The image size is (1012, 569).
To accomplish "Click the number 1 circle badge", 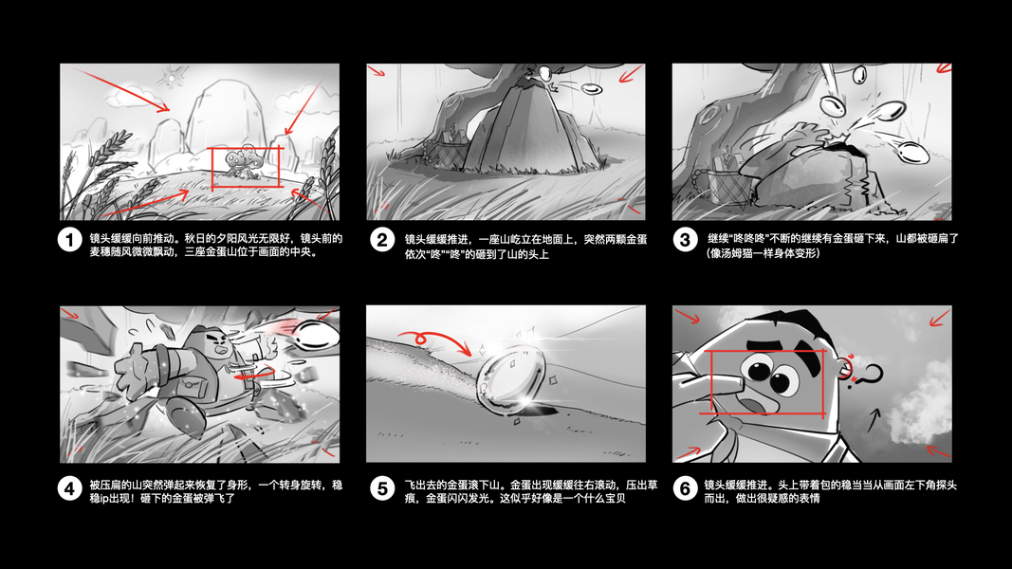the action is [69, 240].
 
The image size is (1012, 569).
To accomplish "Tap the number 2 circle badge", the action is [382, 240].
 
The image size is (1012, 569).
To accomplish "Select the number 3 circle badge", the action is [685, 240].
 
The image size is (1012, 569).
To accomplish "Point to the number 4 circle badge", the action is [69, 488].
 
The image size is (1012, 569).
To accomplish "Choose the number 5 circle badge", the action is [382, 488].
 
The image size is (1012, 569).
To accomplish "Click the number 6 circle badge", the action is [685, 488].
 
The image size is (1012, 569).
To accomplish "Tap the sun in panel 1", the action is [172, 79].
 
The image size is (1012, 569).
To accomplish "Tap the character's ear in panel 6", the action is [845, 368].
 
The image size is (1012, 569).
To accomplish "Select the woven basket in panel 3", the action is [730, 186].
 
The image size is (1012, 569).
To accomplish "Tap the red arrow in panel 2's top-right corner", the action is [632, 74].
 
